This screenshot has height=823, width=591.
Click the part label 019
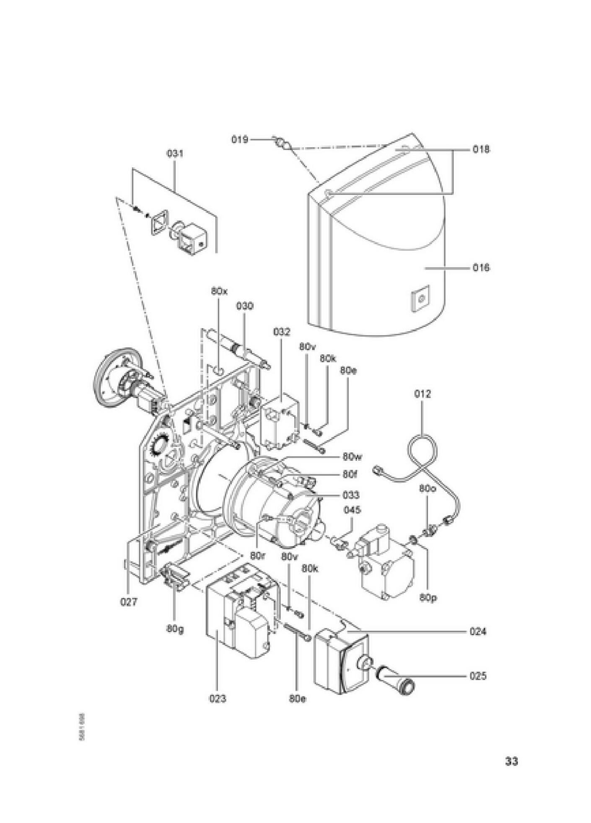click(240, 139)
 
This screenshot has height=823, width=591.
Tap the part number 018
click(481, 149)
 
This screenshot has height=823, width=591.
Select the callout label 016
click(481, 267)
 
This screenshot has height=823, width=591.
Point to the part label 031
click(175, 153)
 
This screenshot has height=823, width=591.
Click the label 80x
click(219, 291)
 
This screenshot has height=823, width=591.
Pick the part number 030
click(245, 306)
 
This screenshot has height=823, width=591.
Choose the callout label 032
click(282, 332)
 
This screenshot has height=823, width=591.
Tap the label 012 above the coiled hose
click(423, 394)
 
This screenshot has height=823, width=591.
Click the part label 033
click(351, 495)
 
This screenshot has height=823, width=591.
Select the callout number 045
click(352, 510)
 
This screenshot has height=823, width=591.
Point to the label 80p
click(428, 597)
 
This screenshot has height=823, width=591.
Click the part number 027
click(129, 602)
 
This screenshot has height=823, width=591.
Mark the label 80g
click(175, 629)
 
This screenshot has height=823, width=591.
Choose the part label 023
click(218, 698)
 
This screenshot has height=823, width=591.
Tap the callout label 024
click(478, 631)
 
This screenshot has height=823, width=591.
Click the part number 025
click(478, 676)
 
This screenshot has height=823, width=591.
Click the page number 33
click(511, 761)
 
